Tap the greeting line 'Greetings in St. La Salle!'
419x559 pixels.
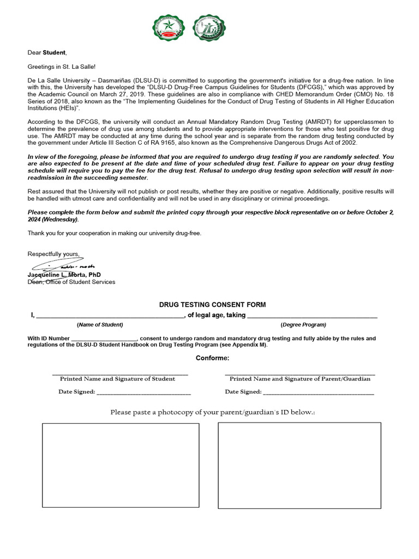62,67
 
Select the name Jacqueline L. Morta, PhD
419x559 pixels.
64,275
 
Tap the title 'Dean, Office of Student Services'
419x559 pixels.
71,282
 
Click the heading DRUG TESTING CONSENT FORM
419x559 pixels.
212,305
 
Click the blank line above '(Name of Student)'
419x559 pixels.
110,316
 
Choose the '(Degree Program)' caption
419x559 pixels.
303,325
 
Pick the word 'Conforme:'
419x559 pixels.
213,358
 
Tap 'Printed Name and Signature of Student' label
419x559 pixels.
117,379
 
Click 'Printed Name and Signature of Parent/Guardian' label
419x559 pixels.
300,379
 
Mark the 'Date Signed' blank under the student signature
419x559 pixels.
144,393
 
